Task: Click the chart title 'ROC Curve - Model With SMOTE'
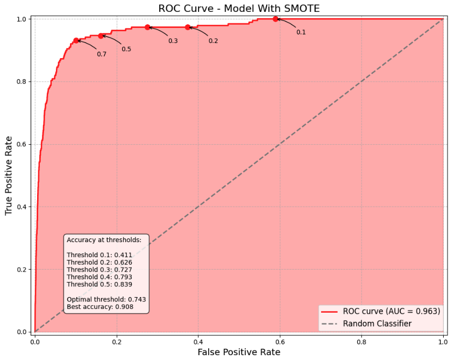[238, 8]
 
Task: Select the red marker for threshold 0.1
[275, 19]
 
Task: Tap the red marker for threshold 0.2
[188, 27]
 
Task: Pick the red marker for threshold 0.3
[147, 27]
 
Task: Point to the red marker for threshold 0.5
[101, 36]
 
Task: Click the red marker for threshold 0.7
[76, 40]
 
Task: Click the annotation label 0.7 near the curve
[102, 54]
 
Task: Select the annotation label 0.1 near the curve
[301, 32]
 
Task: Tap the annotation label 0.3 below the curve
[173, 41]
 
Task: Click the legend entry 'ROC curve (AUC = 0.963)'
[392, 311]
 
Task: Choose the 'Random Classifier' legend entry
[377, 323]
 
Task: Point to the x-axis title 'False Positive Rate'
[239, 352]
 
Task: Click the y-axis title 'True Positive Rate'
[9, 175]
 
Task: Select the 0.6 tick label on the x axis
[280, 341]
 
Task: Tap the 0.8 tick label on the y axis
[22, 82]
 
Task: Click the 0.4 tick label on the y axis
[22, 207]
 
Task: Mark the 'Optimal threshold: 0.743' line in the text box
[106, 299]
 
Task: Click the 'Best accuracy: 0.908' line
[100, 307]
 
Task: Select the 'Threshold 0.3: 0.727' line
[99, 270]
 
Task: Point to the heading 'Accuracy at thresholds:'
[104, 240]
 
